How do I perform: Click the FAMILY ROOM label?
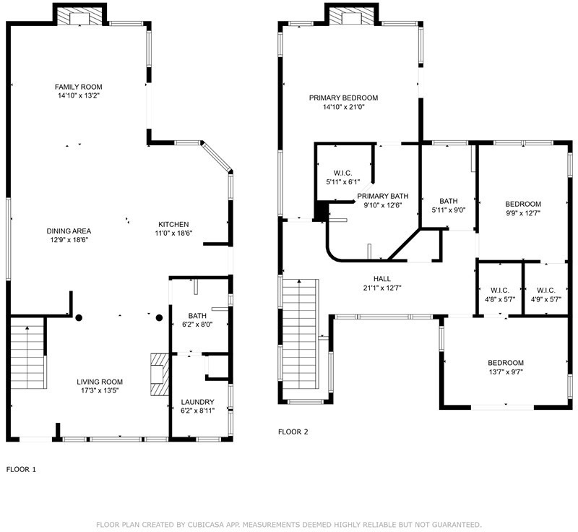[x=78, y=87]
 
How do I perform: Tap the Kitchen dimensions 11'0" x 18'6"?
[x=173, y=233]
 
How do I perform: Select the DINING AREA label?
[x=69, y=231]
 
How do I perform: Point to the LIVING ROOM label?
[x=100, y=382]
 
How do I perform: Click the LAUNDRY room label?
[x=197, y=402]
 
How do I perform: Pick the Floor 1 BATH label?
[x=197, y=316]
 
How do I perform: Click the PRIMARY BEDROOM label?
[x=344, y=98]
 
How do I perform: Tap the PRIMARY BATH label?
[x=383, y=196]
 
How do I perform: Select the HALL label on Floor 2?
[x=382, y=279]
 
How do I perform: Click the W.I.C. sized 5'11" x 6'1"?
[x=342, y=173]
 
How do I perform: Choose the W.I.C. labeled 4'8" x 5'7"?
[x=500, y=291]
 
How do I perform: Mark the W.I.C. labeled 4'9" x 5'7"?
[x=546, y=291]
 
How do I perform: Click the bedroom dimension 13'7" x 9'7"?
[x=506, y=372]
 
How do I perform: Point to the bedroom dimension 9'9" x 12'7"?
[x=522, y=213]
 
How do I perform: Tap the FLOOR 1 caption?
[x=21, y=470]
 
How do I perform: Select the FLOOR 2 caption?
[x=293, y=432]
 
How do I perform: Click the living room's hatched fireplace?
[x=159, y=374]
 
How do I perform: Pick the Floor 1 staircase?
[x=27, y=353]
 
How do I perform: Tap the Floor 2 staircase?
[x=299, y=334]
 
